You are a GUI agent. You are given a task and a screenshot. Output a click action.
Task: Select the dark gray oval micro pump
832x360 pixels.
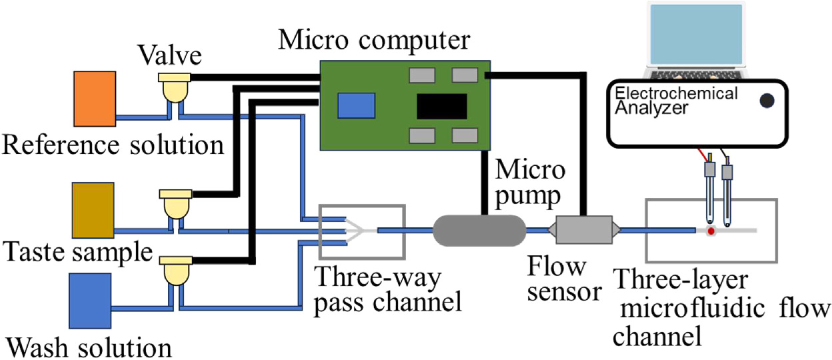(479, 230)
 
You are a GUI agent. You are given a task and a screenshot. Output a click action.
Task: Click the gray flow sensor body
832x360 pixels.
(584, 230)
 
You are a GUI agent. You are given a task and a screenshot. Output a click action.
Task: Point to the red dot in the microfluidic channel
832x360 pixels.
(711, 231)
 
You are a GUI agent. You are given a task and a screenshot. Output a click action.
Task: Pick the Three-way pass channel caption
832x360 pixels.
(389, 290)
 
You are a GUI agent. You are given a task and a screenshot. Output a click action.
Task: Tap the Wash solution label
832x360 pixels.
(89, 347)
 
